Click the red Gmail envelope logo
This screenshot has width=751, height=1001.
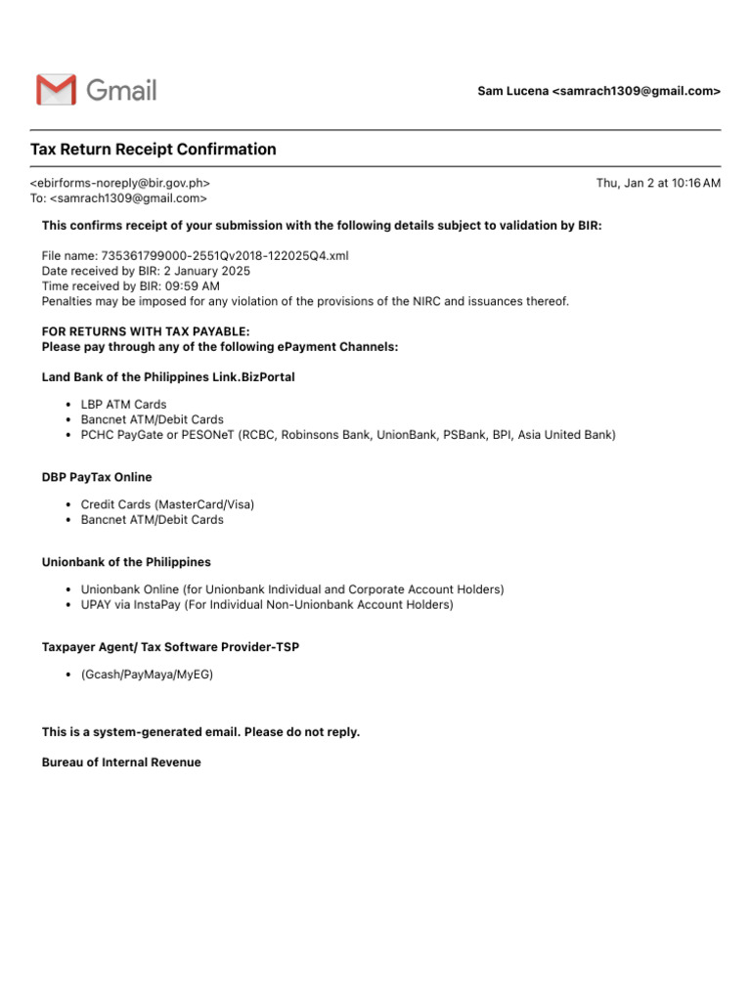(56, 90)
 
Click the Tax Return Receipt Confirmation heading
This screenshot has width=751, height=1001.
(154, 150)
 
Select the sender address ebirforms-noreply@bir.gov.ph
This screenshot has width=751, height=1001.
(120, 183)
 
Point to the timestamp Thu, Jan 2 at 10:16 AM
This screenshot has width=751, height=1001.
(658, 183)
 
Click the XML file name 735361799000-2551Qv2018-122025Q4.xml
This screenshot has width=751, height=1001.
(225, 256)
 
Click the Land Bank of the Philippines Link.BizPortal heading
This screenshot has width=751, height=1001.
(168, 376)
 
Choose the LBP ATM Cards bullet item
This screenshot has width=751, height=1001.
(123, 405)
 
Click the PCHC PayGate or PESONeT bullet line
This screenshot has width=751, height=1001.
(348, 435)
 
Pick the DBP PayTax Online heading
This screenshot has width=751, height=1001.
(97, 477)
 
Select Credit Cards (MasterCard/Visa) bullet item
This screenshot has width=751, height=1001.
(167, 504)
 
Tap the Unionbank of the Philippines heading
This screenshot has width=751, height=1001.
(126, 562)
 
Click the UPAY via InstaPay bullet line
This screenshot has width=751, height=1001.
(267, 605)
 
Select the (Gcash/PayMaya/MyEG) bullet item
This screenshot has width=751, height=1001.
(147, 675)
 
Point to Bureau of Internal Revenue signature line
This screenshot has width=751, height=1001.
(121, 762)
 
